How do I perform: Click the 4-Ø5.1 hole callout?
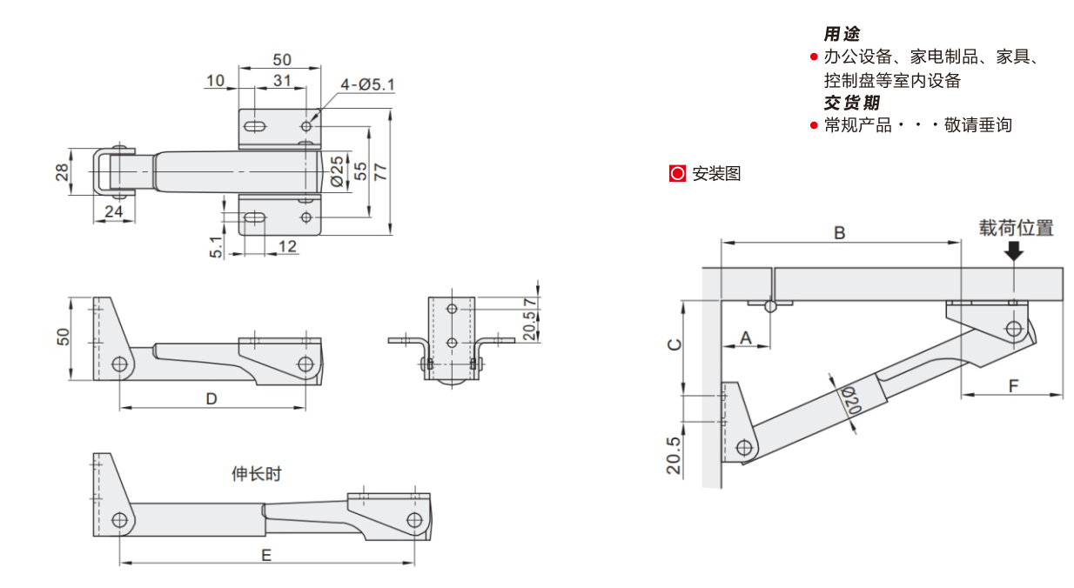(x=367, y=84)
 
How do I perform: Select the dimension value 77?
(x=380, y=171)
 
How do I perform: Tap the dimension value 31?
(x=281, y=81)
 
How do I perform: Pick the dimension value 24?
(x=114, y=211)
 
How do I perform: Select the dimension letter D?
(x=211, y=398)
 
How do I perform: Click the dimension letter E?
(x=266, y=554)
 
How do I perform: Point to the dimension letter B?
(x=840, y=233)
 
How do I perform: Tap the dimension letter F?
(x=1013, y=385)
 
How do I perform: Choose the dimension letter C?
(x=674, y=344)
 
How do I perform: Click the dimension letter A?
(x=746, y=337)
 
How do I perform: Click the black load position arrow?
(x=1014, y=251)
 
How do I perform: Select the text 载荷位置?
(x=1016, y=228)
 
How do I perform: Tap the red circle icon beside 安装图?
(x=678, y=173)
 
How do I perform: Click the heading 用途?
(x=842, y=34)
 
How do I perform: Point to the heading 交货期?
(x=851, y=103)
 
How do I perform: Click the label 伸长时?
(x=257, y=474)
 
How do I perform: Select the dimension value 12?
(x=287, y=246)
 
